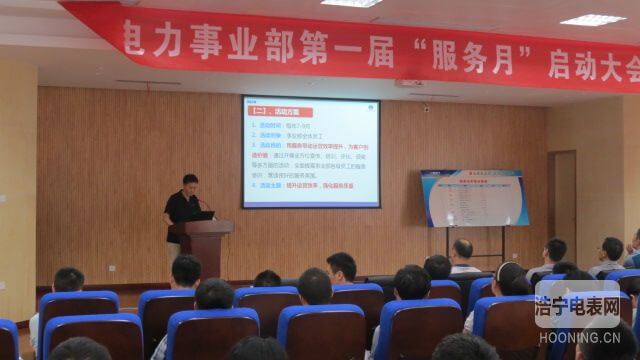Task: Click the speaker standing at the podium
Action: [x=183, y=206]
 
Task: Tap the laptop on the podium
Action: [x=203, y=215]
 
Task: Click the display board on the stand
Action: [x=475, y=197]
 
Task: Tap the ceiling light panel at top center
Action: [x=351, y=3]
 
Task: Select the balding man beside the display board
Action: [x=462, y=254]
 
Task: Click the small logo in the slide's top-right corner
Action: [x=372, y=103]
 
